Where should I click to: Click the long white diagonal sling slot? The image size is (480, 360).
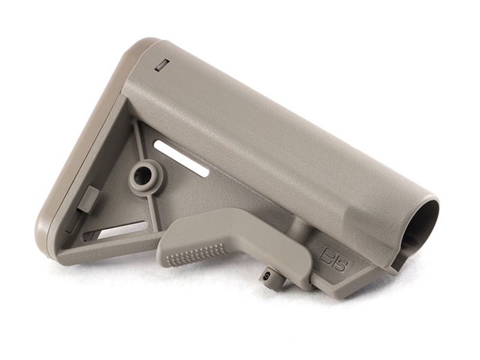click(x=181, y=158)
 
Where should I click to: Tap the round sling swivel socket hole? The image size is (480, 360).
click(x=143, y=175)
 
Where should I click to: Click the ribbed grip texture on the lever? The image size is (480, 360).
click(x=191, y=254)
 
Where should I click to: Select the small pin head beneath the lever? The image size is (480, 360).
click(x=265, y=275)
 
